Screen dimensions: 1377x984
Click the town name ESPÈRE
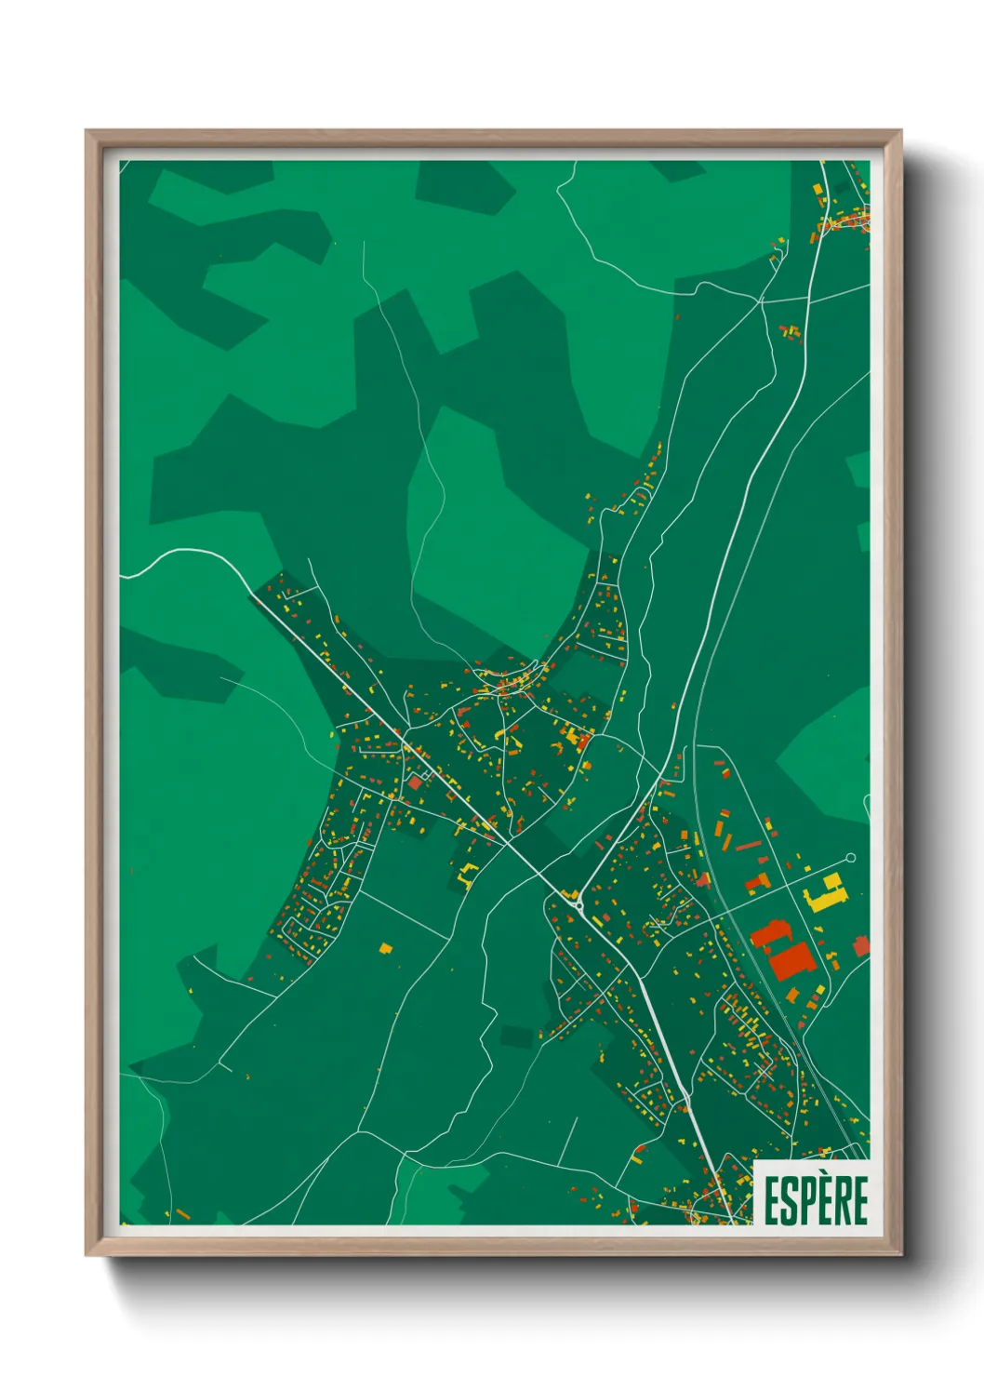pos(816,1199)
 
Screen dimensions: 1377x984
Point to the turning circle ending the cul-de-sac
pos(850,858)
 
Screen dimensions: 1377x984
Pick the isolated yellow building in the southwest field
pos(386,948)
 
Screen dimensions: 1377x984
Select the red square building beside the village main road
pos(415,784)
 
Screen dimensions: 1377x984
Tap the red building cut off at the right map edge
pos(861,946)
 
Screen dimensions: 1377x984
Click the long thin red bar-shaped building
pos(749,847)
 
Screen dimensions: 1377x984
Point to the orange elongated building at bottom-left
pos(182,1213)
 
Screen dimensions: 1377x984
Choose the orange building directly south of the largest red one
pos(793,996)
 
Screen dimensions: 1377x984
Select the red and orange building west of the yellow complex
pos(759,880)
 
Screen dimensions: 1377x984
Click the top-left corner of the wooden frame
pos(86,131)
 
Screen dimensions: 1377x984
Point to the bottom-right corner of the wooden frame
pos(900,1254)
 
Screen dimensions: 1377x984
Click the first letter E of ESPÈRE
pos(772,1199)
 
